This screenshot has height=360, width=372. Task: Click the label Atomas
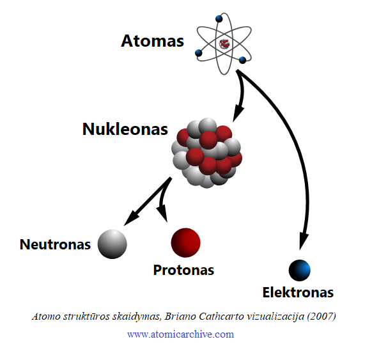point(152,41)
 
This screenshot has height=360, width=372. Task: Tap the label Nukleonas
point(125,129)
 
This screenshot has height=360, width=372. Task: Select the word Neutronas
point(55,244)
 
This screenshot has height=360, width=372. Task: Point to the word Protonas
point(183,270)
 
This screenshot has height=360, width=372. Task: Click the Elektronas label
point(298,292)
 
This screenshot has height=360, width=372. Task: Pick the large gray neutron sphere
point(112,244)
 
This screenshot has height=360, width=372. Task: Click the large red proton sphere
point(186,242)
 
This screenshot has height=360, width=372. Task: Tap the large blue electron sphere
point(299,270)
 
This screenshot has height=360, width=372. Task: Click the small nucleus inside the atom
point(224,44)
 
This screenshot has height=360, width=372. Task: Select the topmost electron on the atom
point(219,19)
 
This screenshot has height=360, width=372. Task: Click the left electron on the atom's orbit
point(199,53)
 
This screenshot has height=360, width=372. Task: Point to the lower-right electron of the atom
point(242,60)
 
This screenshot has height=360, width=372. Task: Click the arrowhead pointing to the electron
point(303,242)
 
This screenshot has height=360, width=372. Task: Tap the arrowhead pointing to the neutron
point(131,218)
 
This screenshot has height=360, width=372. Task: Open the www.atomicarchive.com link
point(180,334)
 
